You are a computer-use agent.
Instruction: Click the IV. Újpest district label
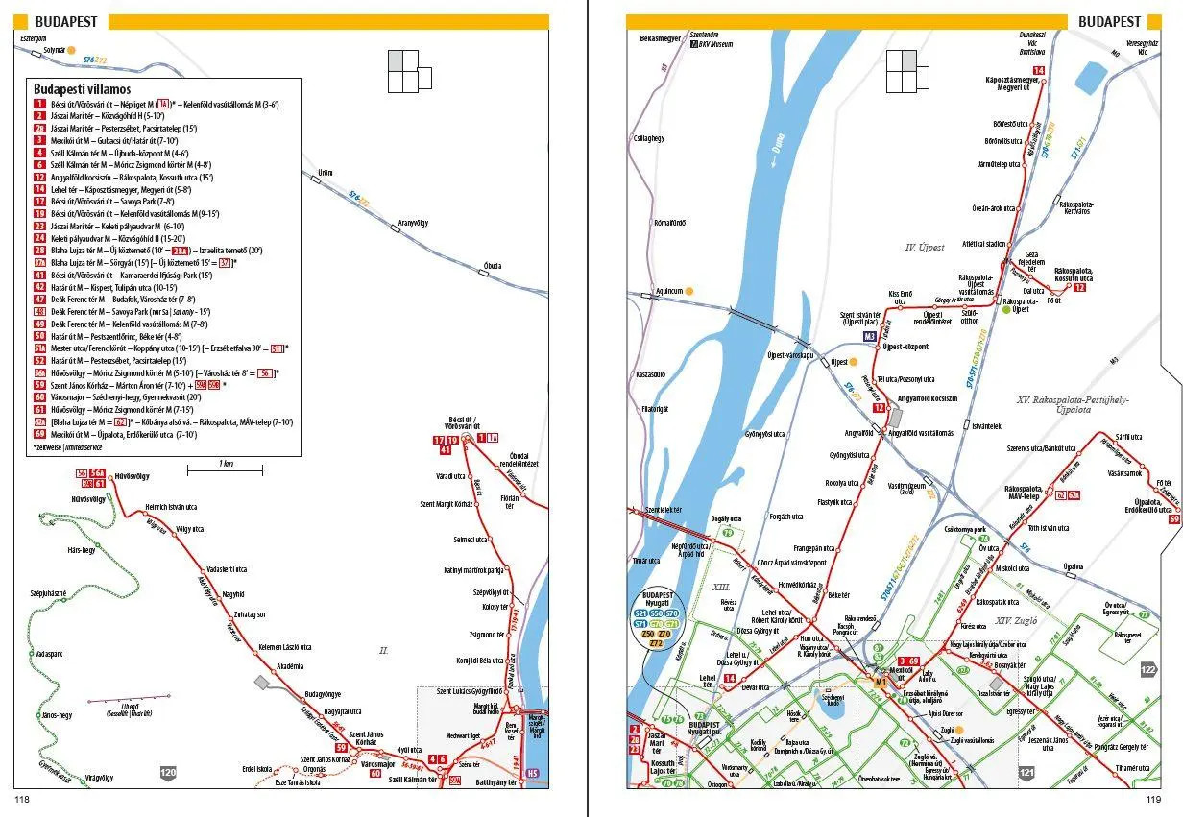coord(926,248)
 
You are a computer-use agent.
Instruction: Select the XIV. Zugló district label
coord(1020,621)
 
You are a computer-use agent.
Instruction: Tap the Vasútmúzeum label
coord(906,488)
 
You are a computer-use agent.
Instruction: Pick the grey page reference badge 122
coord(1147,669)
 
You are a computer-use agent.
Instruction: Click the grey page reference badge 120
coord(169,771)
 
